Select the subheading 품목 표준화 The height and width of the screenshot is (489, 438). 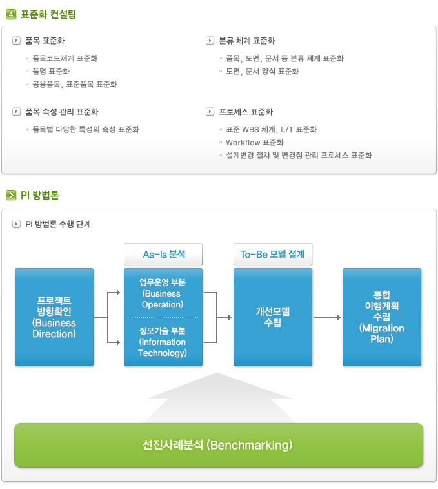[45, 41]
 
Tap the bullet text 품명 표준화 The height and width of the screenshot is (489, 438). [51, 71]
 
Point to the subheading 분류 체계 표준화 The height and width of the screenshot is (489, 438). [247, 41]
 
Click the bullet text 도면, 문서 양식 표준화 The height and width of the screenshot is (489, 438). [262, 71]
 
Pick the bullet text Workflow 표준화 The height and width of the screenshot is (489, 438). [254, 142]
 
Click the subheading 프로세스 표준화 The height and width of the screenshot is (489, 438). [246, 112]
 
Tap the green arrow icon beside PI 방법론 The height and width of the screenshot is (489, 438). [10, 194]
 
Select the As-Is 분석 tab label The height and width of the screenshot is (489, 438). [163, 255]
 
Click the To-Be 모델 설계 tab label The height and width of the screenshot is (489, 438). [272, 255]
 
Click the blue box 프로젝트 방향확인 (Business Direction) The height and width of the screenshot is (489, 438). [54, 317]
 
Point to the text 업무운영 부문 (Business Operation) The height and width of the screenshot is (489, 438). [163, 293]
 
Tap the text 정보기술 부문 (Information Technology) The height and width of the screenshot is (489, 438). [163, 342]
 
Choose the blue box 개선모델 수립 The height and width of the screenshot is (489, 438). [272, 317]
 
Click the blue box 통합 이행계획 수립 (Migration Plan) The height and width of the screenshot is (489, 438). [381, 317]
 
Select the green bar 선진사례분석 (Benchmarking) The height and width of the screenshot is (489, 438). [218, 445]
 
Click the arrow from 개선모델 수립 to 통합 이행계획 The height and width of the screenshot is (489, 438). [327, 317]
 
